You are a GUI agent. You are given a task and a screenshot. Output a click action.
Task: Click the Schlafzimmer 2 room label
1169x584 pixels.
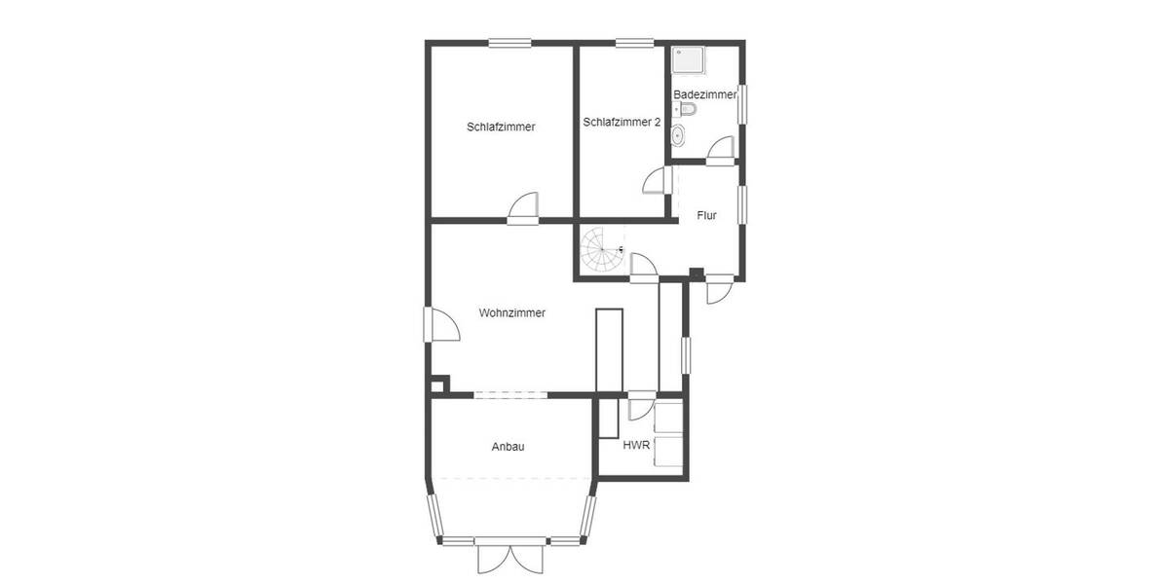point(622,123)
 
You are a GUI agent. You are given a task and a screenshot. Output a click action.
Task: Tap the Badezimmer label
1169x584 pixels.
point(704,94)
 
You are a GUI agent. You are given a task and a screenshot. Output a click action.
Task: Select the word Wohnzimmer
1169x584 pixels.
point(511,313)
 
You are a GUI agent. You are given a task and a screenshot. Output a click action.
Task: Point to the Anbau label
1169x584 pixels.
point(509,447)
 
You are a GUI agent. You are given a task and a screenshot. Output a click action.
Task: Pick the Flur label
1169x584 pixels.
point(706,215)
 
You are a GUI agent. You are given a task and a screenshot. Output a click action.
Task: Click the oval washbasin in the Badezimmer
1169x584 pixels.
point(679,135)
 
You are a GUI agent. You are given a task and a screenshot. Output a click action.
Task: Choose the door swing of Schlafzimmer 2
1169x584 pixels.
point(656,180)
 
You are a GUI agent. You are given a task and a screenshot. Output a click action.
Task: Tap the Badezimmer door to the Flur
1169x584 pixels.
point(721,148)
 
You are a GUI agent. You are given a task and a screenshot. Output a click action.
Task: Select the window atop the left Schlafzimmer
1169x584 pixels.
point(509,42)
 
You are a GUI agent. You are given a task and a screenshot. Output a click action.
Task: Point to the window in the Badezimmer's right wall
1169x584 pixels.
point(742,104)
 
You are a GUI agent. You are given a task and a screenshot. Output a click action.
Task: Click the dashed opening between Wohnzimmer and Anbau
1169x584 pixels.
point(510,394)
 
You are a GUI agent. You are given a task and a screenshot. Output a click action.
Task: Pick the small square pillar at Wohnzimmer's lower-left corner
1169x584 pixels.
point(438,384)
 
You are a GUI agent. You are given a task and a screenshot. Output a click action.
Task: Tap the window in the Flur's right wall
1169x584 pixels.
point(742,205)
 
